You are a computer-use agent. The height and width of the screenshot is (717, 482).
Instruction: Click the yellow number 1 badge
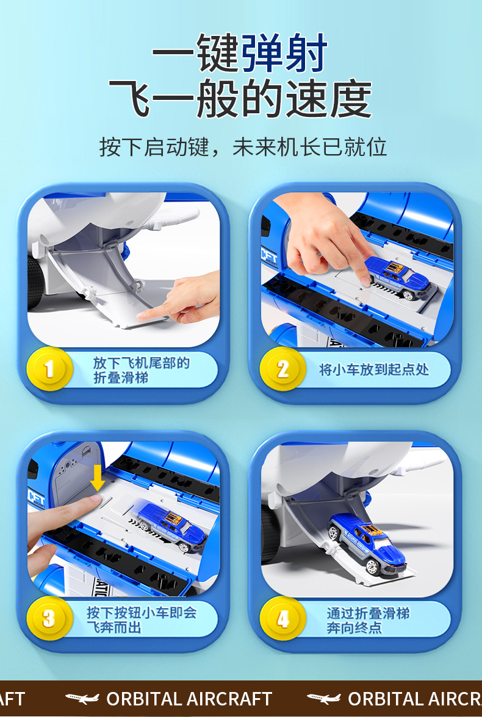tap(49, 369)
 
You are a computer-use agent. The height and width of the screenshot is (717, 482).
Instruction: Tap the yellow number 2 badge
tap(282, 369)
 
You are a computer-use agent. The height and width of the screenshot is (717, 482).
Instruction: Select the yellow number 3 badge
tap(49, 618)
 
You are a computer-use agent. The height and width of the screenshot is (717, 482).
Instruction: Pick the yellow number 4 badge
tap(282, 618)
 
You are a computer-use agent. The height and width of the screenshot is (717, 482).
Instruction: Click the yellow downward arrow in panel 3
tap(97, 478)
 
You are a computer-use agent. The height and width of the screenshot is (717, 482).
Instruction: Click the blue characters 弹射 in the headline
tap(284, 53)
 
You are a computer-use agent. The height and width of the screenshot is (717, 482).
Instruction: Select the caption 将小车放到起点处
tap(374, 370)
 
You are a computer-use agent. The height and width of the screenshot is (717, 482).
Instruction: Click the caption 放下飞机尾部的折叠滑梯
tap(141, 370)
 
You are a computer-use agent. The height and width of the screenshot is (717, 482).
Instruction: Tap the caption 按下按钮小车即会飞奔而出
tap(142, 620)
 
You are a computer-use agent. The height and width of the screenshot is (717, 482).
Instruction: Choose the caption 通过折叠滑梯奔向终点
tap(368, 620)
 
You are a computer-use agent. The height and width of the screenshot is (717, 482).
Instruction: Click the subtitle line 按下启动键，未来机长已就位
tap(243, 147)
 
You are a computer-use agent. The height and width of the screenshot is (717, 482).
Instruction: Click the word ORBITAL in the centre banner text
tap(145, 699)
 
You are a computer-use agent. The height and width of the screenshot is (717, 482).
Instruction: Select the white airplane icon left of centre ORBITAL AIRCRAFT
tap(82, 698)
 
